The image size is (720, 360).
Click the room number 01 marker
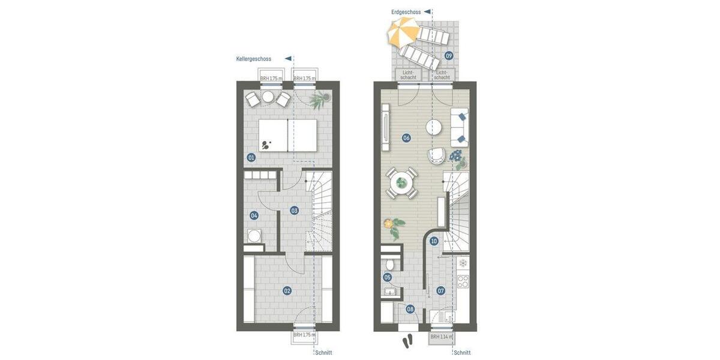pos(251,158)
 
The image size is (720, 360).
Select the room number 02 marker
pos(287,290)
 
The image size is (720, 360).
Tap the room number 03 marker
pos(294,211)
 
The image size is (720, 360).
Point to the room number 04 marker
pos(254,215)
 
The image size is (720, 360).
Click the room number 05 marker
pos(388,277)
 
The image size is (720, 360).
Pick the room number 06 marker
pos(406,138)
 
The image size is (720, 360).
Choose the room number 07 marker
pos(441,291)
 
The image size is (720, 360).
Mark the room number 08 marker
pos(410,310)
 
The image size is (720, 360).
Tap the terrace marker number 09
pos(449,56)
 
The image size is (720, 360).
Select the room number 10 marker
pos(434,241)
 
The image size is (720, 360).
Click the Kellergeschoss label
pos(254,59)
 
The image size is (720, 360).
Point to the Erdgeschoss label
pos(406,11)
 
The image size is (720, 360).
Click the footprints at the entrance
pos(408,341)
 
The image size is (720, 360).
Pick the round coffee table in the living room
pos(434,127)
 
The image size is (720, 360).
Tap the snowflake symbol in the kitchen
pos(463,263)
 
